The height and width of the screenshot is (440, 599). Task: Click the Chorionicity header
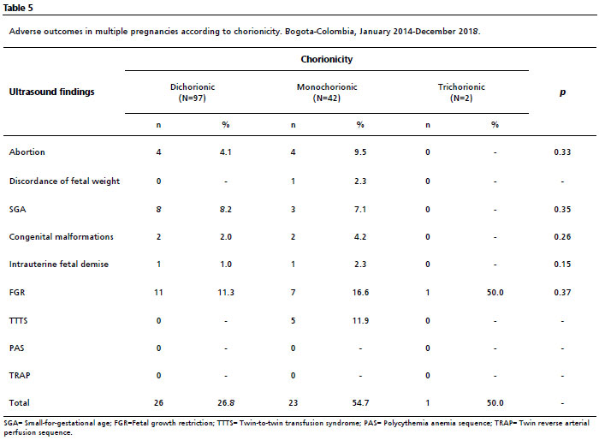327,59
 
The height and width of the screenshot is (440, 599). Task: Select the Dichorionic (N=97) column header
193,92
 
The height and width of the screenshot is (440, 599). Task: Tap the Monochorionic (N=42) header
327,92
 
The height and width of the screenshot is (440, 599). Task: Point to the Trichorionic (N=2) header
461,92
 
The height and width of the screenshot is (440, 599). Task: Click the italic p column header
562,92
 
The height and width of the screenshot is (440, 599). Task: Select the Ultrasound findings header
51,92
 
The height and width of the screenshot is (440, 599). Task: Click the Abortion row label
27,152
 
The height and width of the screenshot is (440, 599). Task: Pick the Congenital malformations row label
61,236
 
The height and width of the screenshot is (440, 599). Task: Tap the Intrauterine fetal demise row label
59,265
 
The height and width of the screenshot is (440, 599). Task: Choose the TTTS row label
18,320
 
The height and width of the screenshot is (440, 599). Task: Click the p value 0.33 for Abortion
562,152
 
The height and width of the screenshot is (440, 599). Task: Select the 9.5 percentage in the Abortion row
360,152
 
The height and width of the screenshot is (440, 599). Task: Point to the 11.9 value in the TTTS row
360,321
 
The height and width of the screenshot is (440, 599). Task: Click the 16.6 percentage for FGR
360,293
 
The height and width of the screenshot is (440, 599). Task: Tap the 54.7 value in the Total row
360,403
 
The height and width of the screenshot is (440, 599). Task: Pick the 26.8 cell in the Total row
226,403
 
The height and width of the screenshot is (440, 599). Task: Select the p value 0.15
562,265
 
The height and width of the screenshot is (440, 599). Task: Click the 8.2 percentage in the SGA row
226,210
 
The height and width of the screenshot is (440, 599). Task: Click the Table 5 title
18,8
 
